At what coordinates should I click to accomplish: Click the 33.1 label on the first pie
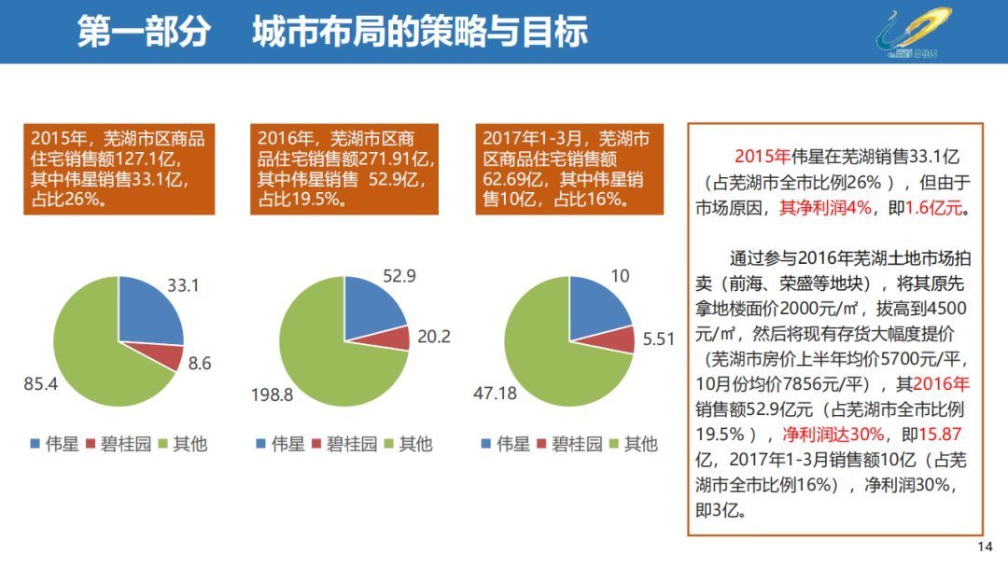point(183,285)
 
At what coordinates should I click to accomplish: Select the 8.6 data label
point(200,364)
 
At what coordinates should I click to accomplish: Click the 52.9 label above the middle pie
point(399,275)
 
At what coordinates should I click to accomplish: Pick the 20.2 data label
point(433,337)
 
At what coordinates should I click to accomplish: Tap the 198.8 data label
point(272,394)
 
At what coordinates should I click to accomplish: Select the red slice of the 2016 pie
point(396,338)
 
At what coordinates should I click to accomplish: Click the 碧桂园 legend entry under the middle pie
point(349,444)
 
